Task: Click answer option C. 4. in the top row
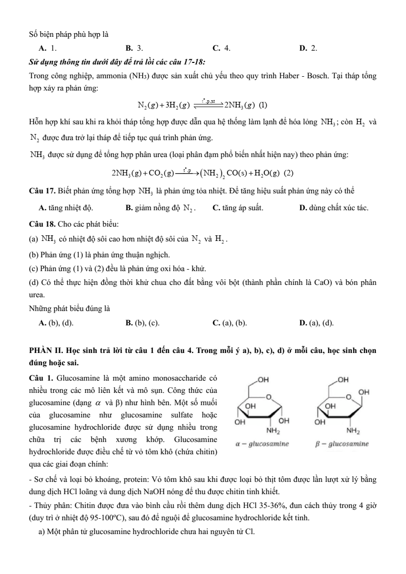[x=221, y=48]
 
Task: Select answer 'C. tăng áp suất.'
[x=238, y=208]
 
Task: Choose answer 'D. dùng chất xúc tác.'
[x=333, y=208]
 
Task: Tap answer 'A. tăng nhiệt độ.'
[x=66, y=208]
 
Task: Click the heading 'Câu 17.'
[x=42, y=191]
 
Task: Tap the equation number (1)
[x=263, y=106]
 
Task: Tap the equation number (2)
[x=288, y=173]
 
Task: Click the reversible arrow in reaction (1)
[x=207, y=105]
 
